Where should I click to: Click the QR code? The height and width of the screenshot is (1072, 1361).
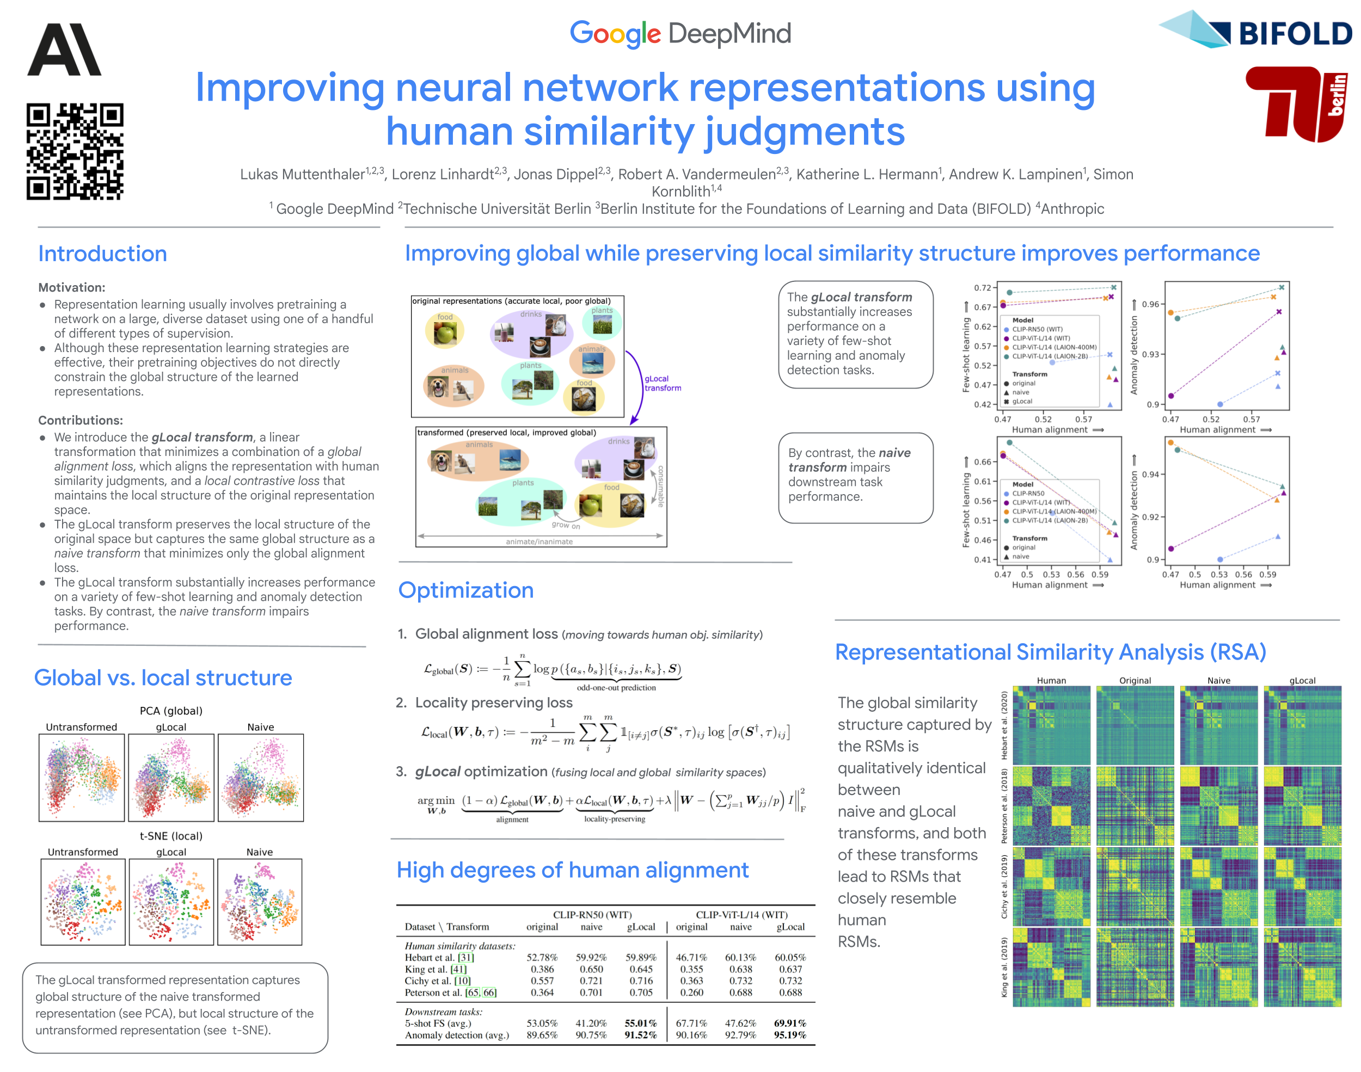pos(75,151)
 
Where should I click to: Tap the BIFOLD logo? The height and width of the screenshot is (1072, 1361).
pos(1255,32)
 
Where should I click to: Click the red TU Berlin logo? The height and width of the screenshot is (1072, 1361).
pos(1296,104)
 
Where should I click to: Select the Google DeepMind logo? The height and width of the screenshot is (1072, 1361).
pos(680,34)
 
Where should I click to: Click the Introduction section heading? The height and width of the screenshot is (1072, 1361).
pos(102,254)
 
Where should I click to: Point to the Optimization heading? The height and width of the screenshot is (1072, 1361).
pos(466,590)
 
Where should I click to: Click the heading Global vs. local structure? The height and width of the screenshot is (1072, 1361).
pos(163,678)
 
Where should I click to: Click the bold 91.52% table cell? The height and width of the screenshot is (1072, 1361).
pos(640,1035)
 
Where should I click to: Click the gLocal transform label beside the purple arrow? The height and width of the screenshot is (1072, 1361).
pos(663,383)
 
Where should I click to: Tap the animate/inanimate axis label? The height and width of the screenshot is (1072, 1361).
pos(540,541)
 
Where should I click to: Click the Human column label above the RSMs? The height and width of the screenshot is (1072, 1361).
pos(1051,680)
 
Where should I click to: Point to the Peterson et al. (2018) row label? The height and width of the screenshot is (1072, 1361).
pos(1004,806)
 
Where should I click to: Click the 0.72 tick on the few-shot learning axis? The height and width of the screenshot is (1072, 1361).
pos(982,287)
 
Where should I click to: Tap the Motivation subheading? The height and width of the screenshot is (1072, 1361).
pos(71,287)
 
